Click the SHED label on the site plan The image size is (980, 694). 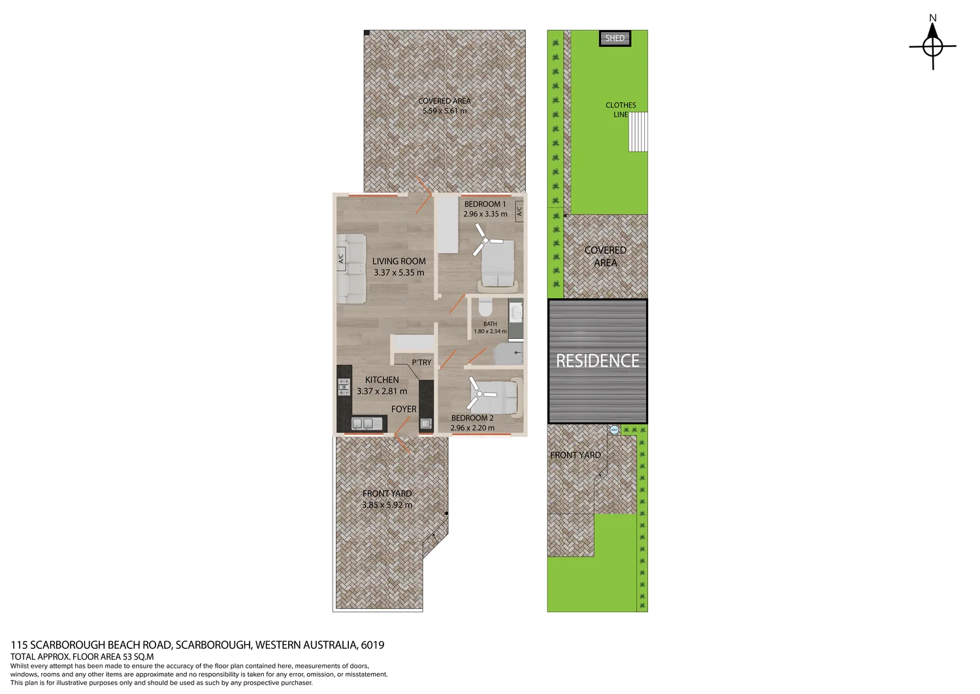pyautogui.click(x=615, y=39)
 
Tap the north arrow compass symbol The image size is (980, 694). pyautogui.click(x=932, y=46)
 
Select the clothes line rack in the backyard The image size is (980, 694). pyautogui.click(x=638, y=132)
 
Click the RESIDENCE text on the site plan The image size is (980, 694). pyautogui.click(x=597, y=361)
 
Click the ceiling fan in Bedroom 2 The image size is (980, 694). pyautogui.click(x=479, y=394)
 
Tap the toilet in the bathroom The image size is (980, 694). pyautogui.click(x=485, y=307)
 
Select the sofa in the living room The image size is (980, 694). pyautogui.click(x=351, y=268)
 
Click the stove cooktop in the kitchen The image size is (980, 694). pyautogui.click(x=344, y=387)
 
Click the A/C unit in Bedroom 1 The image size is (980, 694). pyautogui.click(x=519, y=211)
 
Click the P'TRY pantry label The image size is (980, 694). pyautogui.click(x=421, y=362)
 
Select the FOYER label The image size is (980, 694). pyautogui.click(x=404, y=409)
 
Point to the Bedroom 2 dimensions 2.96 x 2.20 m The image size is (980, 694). pyautogui.click(x=472, y=428)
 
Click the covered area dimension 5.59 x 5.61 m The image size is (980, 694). pyautogui.click(x=444, y=111)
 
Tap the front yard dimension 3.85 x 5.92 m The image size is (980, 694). pyautogui.click(x=387, y=505)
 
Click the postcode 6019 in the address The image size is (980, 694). pyautogui.click(x=372, y=645)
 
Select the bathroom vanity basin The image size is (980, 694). pyautogui.click(x=516, y=311)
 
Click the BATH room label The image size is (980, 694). pyautogui.click(x=490, y=324)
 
